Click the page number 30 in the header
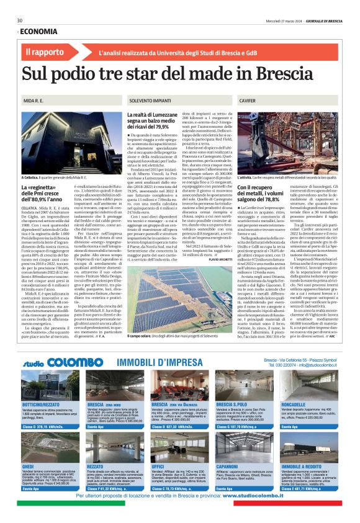pos(20,20)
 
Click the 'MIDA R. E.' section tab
pos(34,100)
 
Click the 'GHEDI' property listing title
pos(29,449)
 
